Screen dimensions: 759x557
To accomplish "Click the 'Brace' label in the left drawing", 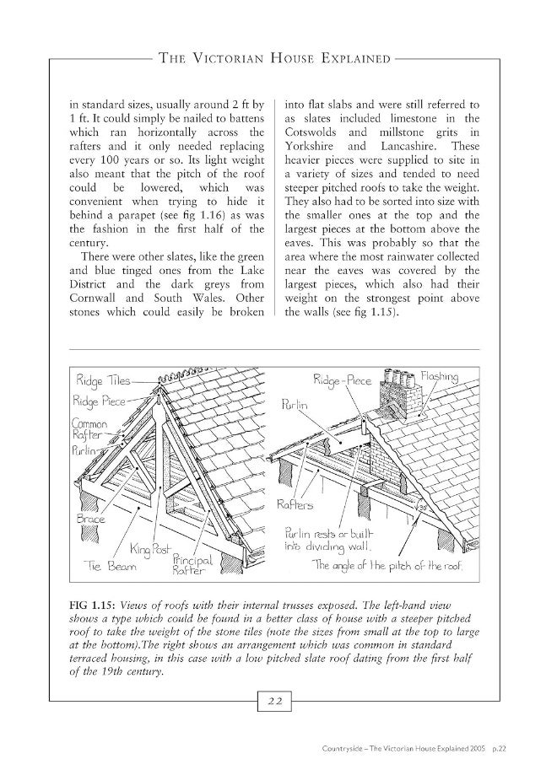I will [x=89, y=519].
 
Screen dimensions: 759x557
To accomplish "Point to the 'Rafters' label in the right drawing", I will [x=295, y=506].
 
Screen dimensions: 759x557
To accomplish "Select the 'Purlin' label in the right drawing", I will [x=292, y=405].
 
